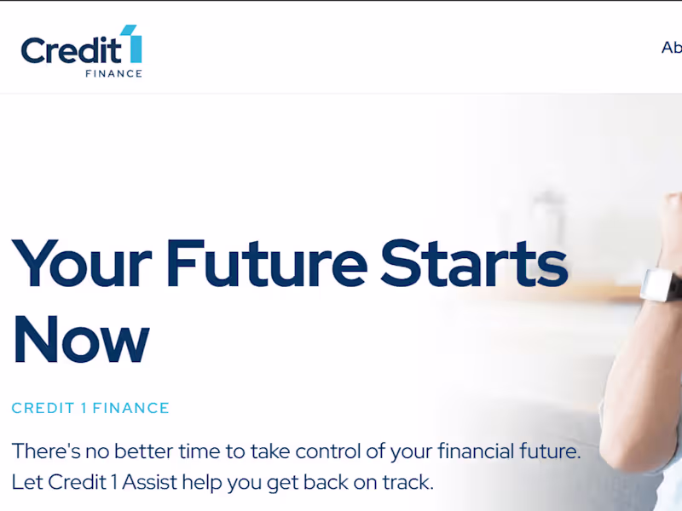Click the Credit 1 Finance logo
click(82, 51)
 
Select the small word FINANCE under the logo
click(113, 74)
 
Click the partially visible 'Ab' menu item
click(672, 48)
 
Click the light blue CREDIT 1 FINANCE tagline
click(90, 408)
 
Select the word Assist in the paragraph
click(150, 481)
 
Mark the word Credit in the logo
click(71, 51)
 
